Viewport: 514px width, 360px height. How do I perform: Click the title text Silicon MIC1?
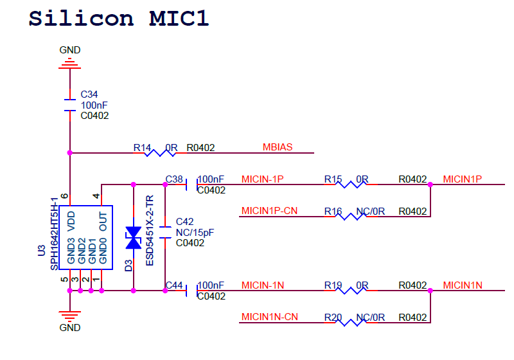(x=119, y=17)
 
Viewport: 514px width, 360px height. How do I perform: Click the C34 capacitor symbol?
(x=69, y=105)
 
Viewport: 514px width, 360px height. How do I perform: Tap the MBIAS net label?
(x=278, y=147)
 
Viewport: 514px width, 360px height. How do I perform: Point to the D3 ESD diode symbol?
(x=134, y=237)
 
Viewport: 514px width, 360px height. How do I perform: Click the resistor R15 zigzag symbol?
(x=351, y=184)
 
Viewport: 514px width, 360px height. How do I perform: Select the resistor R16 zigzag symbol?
(x=351, y=217)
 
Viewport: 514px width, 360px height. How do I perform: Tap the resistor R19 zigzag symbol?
(x=351, y=291)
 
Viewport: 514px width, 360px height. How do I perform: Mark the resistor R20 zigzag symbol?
(x=351, y=322)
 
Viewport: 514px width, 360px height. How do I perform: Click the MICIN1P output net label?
(x=463, y=179)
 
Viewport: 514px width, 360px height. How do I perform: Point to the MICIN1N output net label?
(x=463, y=285)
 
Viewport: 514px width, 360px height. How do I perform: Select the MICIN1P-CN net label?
(x=269, y=211)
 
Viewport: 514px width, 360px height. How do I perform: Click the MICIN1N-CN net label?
(x=269, y=317)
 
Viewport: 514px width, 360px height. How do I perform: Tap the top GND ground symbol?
(x=69, y=63)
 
